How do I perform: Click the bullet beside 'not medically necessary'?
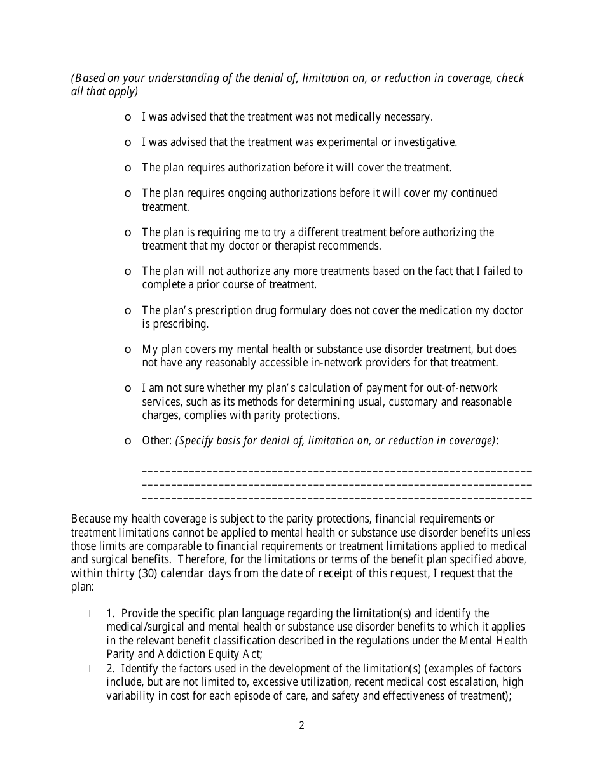click(x=128, y=117)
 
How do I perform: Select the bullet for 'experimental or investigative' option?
click(x=128, y=143)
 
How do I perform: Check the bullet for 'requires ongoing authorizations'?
click(x=128, y=194)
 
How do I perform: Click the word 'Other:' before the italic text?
click(x=156, y=441)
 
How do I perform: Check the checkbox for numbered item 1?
click(x=92, y=613)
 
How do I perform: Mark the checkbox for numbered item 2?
click(x=92, y=669)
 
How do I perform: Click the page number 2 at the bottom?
click(x=301, y=725)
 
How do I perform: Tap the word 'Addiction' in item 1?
click(x=167, y=654)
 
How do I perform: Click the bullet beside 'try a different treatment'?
click(x=128, y=233)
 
